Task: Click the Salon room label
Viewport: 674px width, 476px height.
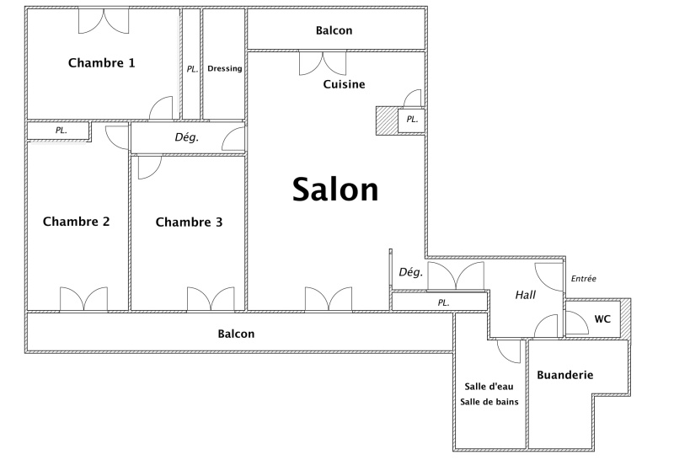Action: tap(335, 190)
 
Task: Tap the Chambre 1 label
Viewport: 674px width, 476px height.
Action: tap(102, 63)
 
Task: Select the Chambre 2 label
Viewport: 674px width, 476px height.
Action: tap(76, 222)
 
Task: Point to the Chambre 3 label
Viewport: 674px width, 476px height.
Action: tap(189, 222)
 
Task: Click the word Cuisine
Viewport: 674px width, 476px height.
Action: tap(344, 84)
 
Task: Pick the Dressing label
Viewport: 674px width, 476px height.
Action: tap(225, 68)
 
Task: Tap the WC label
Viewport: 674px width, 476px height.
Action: tap(602, 319)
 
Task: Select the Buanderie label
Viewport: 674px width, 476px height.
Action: tap(564, 375)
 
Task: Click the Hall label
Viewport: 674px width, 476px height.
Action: tap(525, 295)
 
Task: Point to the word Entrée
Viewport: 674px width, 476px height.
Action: tap(584, 279)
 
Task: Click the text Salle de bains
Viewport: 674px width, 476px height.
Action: tap(489, 402)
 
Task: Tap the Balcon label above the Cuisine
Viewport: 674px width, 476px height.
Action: tap(334, 30)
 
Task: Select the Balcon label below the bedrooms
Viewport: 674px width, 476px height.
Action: tap(236, 334)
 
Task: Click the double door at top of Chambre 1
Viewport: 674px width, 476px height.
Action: tap(104, 22)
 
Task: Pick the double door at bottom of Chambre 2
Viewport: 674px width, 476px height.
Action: tap(83, 299)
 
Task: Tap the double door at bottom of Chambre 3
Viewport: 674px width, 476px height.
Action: tap(211, 299)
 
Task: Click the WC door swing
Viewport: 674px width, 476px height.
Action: tap(576, 323)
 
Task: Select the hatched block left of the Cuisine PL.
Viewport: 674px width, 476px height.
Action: tap(387, 120)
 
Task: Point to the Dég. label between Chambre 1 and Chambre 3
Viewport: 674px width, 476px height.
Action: tap(187, 137)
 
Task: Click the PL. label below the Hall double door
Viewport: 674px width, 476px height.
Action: tap(444, 302)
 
